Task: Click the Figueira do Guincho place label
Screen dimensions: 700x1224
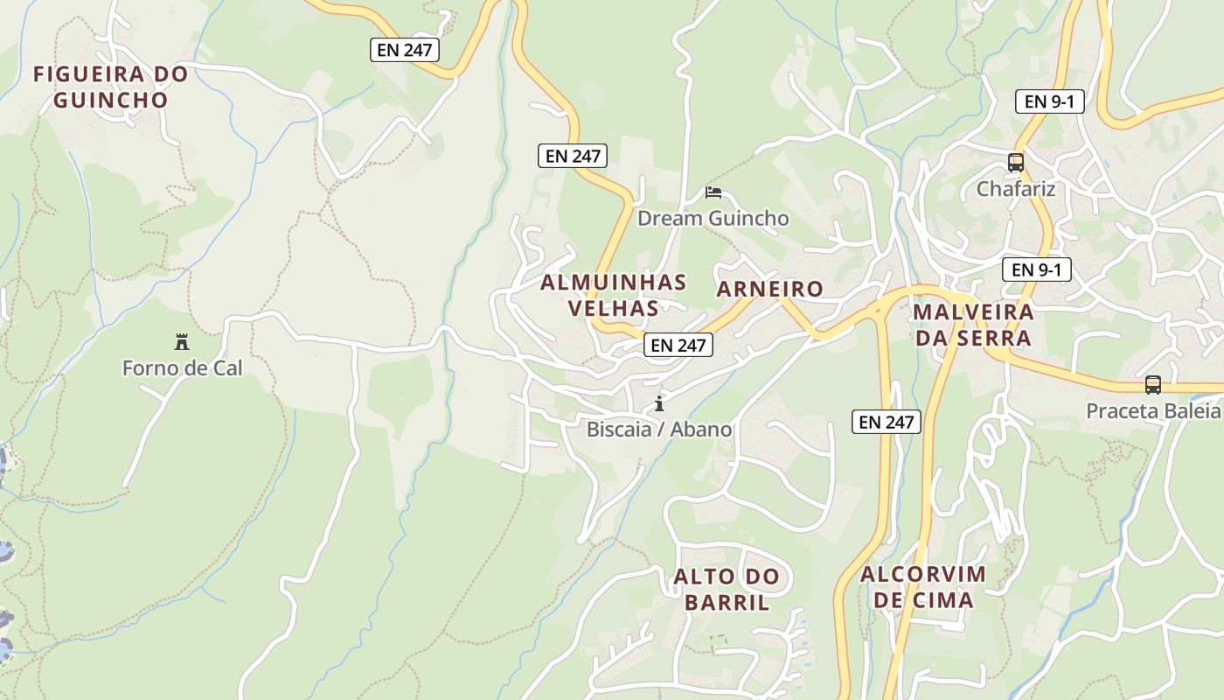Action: (110, 87)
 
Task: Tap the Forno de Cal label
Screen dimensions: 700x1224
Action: (182, 368)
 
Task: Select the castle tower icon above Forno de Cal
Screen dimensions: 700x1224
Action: (182, 341)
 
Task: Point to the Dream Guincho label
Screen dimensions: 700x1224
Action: (713, 218)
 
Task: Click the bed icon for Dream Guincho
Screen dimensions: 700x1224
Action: (713, 192)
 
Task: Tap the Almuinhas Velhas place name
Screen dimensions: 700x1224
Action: (613, 295)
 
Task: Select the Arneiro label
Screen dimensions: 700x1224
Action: (769, 289)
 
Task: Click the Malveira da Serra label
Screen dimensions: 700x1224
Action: (973, 325)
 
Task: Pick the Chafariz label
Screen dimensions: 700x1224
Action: (1016, 189)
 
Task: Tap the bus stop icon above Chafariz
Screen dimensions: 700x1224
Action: (1015, 163)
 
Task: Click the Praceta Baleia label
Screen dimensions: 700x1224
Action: (1152, 411)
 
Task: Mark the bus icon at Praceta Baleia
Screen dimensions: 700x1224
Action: (1153, 385)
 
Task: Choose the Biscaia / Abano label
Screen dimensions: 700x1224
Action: (659, 430)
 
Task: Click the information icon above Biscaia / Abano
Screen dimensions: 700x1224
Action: (659, 403)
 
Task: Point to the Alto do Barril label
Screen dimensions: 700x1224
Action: (726, 589)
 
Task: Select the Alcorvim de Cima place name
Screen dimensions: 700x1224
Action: (923, 587)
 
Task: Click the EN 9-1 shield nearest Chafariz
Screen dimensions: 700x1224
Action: (1049, 101)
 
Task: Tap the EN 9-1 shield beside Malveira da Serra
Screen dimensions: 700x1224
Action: (1036, 269)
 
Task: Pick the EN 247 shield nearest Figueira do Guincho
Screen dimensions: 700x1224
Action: (404, 50)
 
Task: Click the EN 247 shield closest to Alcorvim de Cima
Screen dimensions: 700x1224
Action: (887, 423)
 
